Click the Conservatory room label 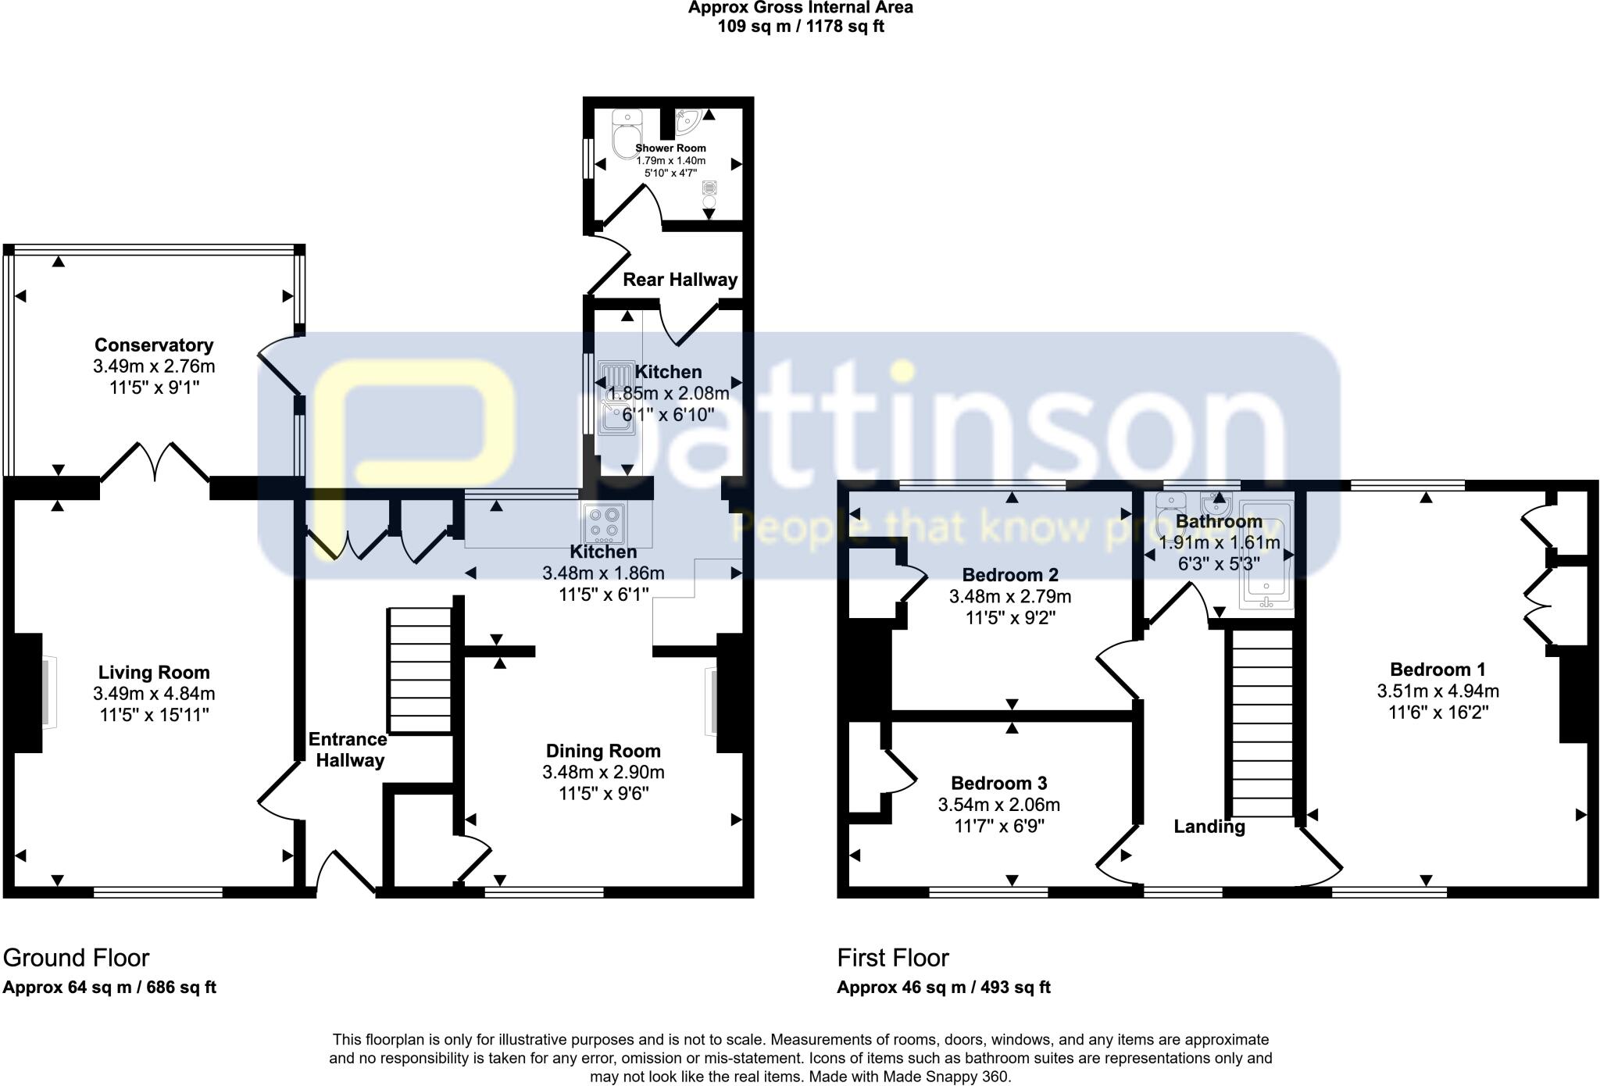(x=154, y=345)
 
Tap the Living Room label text (x=154, y=673)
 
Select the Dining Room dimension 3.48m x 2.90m (x=603, y=773)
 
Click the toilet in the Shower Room (x=627, y=134)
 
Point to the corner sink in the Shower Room (x=687, y=120)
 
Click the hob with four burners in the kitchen (x=605, y=523)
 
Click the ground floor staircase (x=420, y=671)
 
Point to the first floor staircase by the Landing (x=1262, y=723)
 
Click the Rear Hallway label (x=680, y=280)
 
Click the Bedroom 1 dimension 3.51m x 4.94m (x=1437, y=691)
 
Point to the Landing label (x=1209, y=827)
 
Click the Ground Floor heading (x=76, y=958)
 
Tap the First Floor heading (x=893, y=958)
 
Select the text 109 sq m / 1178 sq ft (x=800, y=27)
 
